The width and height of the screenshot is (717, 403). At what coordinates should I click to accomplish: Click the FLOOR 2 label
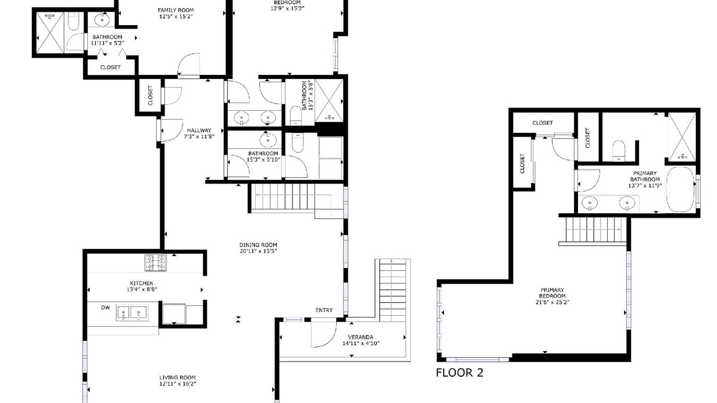(x=459, y=373)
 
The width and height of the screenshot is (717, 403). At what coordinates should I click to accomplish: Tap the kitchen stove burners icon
(x=156, y=263)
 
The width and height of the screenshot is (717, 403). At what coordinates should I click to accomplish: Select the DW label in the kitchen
(x=105, y=308)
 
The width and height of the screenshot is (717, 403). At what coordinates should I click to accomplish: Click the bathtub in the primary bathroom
(x=680, y=189)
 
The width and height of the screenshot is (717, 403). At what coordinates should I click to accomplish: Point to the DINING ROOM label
(x=258, y=245)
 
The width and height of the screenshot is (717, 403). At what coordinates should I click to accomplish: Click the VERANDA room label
(x=360, y=337)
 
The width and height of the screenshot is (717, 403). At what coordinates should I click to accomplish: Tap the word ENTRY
(x=324, y=310)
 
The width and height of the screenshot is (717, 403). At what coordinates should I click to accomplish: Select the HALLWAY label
(x=199, y=130)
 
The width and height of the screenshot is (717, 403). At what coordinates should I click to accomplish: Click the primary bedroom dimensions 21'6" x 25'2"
(x=552, y=302)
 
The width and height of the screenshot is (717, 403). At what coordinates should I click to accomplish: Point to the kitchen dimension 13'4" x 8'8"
(x=142, y=289)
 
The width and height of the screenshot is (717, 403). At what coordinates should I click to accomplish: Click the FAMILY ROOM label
(x=176, y=10)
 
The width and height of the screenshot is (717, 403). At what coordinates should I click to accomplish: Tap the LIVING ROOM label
(x=178, y=378)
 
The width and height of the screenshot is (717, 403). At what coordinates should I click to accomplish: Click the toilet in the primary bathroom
(x=618, y=150)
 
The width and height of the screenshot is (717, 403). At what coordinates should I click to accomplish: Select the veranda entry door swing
(x=324, y=334)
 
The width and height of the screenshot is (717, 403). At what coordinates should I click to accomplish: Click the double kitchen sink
(x=132, y=312)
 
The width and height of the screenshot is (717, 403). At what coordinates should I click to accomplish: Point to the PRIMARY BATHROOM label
(x=645, y=176)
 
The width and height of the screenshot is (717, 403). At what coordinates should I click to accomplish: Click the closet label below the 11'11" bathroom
(x=110, y=68)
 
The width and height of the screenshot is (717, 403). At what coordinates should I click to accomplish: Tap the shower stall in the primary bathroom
(x=682, y=137)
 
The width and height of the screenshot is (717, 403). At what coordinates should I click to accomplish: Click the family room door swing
(x=189, y=64)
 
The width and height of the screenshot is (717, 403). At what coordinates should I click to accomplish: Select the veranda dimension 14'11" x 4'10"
(x=360, y=344)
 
